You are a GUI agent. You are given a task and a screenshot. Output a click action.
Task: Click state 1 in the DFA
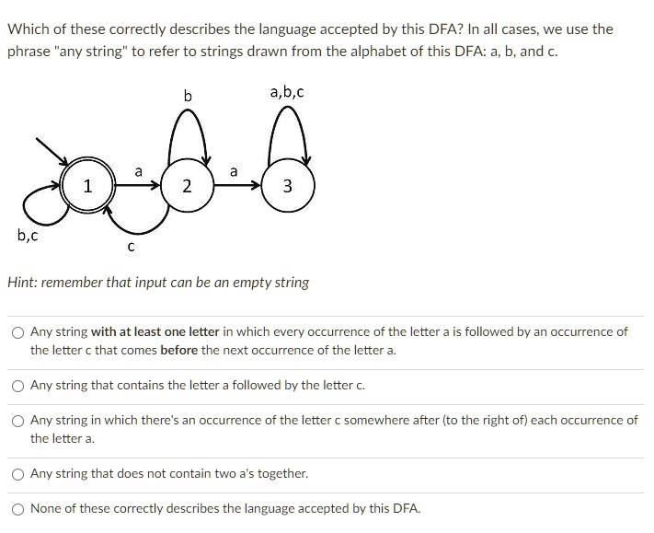coord(87,187)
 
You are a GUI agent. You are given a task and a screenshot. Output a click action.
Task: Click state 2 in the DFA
coord(187,187)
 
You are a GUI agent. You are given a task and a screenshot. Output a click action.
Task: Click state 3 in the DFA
coord(287,187)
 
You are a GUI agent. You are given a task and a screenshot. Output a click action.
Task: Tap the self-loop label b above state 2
coord(188,95)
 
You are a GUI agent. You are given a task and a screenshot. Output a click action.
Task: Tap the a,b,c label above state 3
coord(287,92)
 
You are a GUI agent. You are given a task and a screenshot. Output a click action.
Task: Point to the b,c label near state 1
coord(28,235)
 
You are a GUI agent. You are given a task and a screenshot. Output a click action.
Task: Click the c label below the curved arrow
coord(131,247)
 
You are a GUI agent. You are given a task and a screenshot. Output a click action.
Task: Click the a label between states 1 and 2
coord(138,171)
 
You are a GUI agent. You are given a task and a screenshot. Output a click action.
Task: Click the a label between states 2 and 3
coord(234,171)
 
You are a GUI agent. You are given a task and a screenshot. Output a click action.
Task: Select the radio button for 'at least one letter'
coord(18,332)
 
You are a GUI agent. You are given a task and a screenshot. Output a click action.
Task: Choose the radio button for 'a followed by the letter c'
coord(18,386)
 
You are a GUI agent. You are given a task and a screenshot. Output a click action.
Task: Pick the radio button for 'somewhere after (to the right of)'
coord(18,421)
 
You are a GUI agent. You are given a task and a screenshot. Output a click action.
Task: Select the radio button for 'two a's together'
coord(18,474)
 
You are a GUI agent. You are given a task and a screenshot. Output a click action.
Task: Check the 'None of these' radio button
coord(18,509)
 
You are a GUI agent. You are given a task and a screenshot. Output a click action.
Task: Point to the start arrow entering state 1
coord(51,153)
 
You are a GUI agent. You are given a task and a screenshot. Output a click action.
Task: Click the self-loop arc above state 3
coord(287,115)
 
